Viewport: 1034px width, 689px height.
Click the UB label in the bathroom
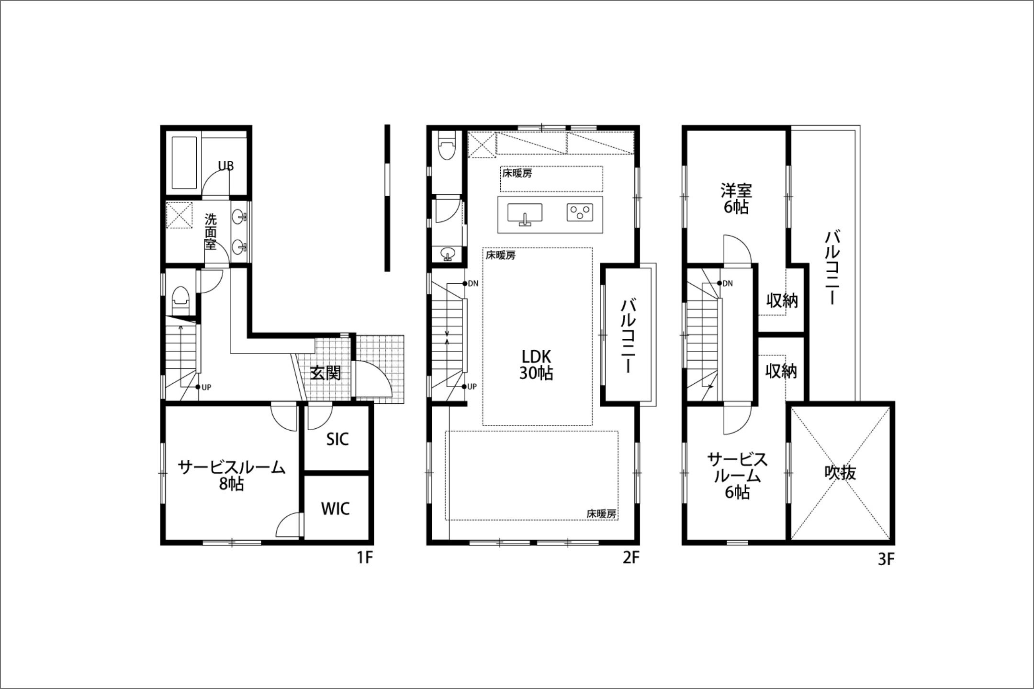[226, 166]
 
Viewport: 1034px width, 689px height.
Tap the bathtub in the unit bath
[184, 163]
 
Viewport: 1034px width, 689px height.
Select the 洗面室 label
[211, 232]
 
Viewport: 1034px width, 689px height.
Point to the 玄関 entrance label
[326, 373]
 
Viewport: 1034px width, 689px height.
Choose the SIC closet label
[337, 439]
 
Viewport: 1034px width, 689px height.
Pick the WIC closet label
[335, 509]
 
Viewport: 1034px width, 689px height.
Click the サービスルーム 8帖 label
[232, 475]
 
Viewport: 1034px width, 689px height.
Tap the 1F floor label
[365, 558]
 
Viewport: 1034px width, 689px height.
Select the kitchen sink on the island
[525, 213]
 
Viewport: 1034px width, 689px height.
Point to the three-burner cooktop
[580, 212]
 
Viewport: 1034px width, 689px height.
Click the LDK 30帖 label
[536, 365]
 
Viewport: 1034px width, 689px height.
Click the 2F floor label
[631, 558]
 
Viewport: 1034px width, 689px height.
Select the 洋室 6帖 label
[736, 199]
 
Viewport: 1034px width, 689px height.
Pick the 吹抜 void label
[840, 473]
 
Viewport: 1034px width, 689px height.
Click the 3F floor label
[886, 559]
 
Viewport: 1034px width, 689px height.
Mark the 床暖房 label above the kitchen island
[517, 173]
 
